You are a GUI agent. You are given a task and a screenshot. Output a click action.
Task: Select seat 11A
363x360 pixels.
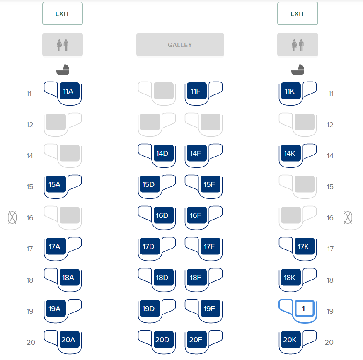coord(70,91)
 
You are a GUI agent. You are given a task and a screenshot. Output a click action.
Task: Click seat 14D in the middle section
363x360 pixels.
coord(163,153)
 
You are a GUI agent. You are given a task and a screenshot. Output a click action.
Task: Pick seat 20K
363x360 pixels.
coord(291,339)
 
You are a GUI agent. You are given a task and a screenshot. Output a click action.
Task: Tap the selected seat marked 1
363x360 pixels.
coord(304,308)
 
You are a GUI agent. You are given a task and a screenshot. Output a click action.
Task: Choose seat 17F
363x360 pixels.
coord(211,246)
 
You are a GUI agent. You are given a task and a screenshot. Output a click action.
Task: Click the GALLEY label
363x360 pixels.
coord(180,45)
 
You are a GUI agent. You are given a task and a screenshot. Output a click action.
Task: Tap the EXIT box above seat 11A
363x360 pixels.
coord(63,14)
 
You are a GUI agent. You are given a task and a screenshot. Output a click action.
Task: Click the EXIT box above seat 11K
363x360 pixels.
coord(298,14)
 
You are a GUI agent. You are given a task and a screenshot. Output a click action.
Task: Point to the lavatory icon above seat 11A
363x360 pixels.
coord(63,45)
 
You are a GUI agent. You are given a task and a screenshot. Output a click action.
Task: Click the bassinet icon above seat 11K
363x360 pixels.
coord(298,70)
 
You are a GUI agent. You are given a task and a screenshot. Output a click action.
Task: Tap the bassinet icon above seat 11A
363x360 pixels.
coord(63,70)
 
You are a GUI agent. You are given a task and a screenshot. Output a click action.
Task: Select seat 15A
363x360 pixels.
coord(56,184)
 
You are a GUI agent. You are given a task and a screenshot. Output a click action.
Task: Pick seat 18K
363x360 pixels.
coord(291,277)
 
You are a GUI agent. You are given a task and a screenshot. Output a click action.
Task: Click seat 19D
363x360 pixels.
coord(150,308)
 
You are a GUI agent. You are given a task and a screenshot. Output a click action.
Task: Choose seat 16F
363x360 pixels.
coord(197,215)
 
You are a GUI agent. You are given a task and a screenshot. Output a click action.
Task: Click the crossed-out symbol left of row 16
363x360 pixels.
coord(12,217)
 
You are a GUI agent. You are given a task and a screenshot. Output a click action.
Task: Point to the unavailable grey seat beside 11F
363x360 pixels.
coord(163,91)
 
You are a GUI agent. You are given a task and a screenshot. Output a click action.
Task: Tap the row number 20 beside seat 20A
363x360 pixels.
coord(31,342)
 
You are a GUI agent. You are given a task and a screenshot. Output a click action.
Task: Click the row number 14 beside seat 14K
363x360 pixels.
coord(330,156)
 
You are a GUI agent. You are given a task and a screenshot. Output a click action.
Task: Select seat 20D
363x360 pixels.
coord(163,339)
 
